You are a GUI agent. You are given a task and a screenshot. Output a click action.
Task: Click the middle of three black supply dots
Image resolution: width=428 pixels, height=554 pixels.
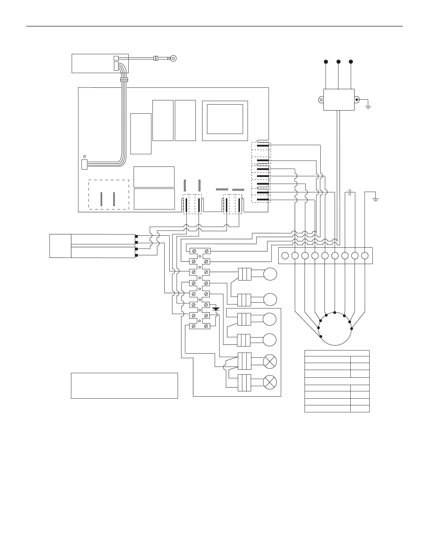tap(338, 62)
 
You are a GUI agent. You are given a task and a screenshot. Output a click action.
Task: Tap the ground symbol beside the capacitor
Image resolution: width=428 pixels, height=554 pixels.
tap(375, 199)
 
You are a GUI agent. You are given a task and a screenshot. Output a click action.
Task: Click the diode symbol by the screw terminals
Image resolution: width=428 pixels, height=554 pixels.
tap(216, 309)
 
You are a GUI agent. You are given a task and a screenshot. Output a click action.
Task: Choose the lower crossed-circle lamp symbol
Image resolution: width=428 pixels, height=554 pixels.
tap(270, 382)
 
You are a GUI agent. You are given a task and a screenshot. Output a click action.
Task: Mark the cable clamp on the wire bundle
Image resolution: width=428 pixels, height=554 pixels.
tap(123, 80)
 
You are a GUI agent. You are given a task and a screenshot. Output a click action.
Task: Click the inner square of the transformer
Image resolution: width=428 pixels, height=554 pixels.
tap(225, 119)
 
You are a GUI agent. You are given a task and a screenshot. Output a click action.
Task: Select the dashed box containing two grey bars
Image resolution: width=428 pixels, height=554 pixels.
tap(109, 194)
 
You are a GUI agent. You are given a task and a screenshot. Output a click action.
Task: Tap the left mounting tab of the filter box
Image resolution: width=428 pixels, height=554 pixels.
tap(321, 100)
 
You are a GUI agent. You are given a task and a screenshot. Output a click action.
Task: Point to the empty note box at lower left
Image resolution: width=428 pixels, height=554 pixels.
tap(124, 385)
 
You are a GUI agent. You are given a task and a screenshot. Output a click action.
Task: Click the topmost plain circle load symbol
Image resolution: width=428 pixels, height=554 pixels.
tap(270, 274)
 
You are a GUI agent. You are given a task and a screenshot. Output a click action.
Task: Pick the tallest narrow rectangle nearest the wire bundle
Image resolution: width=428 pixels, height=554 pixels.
tap(141, 134)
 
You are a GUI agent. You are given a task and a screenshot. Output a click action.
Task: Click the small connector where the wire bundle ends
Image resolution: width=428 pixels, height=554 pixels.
tap(84, 164)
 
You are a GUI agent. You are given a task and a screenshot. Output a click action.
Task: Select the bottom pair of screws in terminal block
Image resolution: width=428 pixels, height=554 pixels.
tap(200, 326)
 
